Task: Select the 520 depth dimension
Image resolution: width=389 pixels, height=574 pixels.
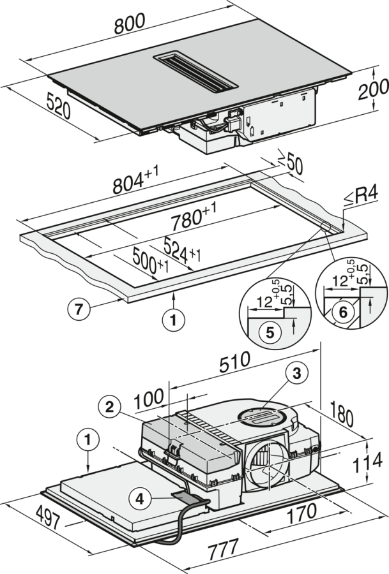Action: coord(58,109)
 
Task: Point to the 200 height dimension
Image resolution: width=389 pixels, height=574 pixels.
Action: coord(369,97)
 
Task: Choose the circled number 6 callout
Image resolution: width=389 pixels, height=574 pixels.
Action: coord(342,313)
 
